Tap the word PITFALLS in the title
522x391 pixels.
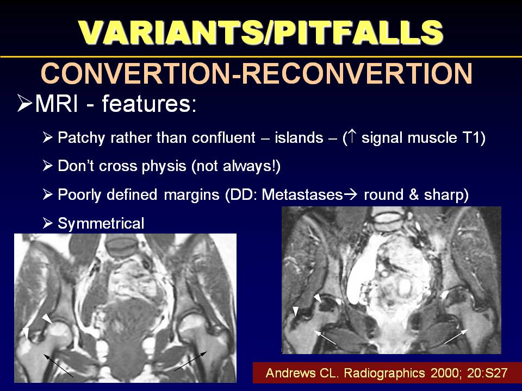pyautogui.click(x=359, y=32)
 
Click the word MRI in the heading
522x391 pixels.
pyautogui.click(x=56, y=103)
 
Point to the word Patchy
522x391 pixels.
pyautogui.click(x=82, y=138)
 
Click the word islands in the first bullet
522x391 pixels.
pyautogui.click(x=299, y=137)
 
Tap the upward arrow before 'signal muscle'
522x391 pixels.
pyautogui.click(x=352, y=137)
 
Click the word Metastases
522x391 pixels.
pyautogui.click(x=302, y=194)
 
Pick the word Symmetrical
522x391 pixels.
pyautogui.click(x=101, y=223)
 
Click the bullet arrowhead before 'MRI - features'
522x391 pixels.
pyautogui.click(x=24, y=103)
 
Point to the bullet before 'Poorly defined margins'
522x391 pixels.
pyautogui.click(x=48, y=194)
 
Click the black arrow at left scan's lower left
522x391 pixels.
pyautogui.click(x=58, y=365)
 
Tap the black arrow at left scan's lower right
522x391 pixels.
pyautogui.click(x=190, y=361)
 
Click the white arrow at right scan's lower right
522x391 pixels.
pyautogui.click(x=456, y=337)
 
